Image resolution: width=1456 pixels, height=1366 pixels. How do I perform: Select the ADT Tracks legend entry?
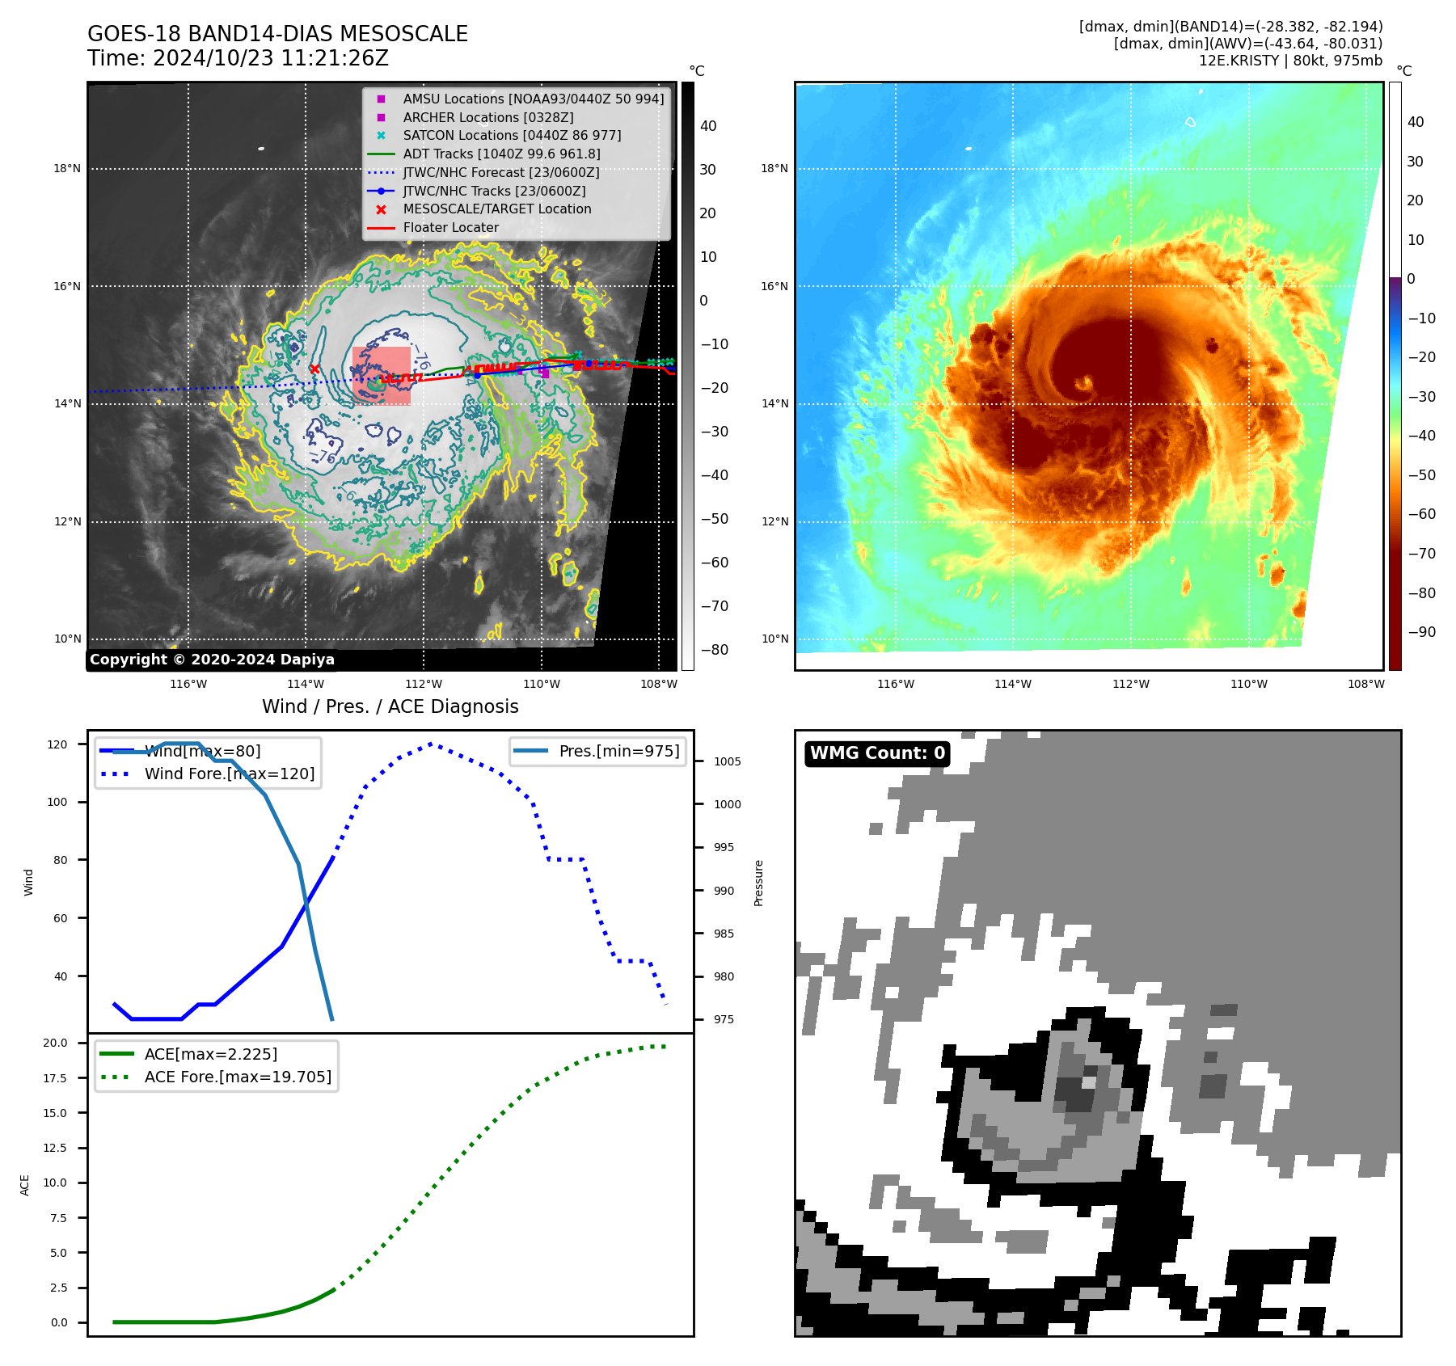click(x=501, y=154)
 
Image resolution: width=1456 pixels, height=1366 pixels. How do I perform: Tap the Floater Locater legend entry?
click(x=450, y=227)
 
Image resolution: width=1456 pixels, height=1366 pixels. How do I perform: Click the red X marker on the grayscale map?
click(x=314, y=369)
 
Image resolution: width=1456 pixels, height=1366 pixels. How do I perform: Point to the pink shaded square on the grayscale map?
click(x=382, y=375)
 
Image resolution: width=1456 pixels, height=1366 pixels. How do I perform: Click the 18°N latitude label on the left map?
click(x=67, y=169)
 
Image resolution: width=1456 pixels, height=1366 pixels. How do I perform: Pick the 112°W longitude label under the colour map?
click(x=1130, y=684)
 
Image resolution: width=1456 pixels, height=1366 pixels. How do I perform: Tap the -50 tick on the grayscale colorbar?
click(x=714, y=519)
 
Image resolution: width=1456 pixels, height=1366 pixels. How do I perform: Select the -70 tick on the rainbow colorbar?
click(x=1421, y=554)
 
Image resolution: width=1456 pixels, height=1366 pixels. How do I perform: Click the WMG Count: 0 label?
click(x=877, y=753)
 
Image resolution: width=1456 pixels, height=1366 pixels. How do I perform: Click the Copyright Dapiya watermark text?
click(x=212, y=660)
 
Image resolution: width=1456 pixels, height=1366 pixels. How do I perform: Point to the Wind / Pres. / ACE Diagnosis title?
click(x=390, y=706)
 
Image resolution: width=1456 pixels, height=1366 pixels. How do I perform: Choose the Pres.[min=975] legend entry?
click(x=618, y=751)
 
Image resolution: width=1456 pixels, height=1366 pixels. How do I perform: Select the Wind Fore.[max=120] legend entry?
click(x=229, y=774)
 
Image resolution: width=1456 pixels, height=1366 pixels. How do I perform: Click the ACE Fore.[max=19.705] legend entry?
click(x=238, y=1077)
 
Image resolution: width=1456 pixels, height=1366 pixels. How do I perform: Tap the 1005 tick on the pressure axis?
click(x=727, y=761)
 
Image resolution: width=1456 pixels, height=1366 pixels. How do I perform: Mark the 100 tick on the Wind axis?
click(x=57, y=803)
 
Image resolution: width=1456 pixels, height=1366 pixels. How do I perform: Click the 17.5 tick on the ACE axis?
click(x=55, y=1078)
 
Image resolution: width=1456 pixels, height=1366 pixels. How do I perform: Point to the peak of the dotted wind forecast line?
click(x=431, y=744)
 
